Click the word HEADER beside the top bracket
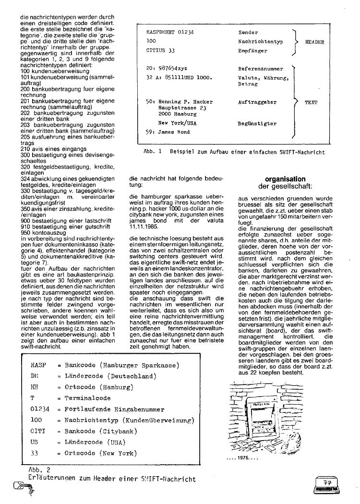coord(314,42)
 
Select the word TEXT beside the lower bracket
coord(311,102)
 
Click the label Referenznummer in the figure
coord(261,69)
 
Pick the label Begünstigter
coord(257,123)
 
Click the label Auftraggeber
coord(257,102)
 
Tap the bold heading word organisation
coord(278,179)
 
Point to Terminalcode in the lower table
coord(88,398)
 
